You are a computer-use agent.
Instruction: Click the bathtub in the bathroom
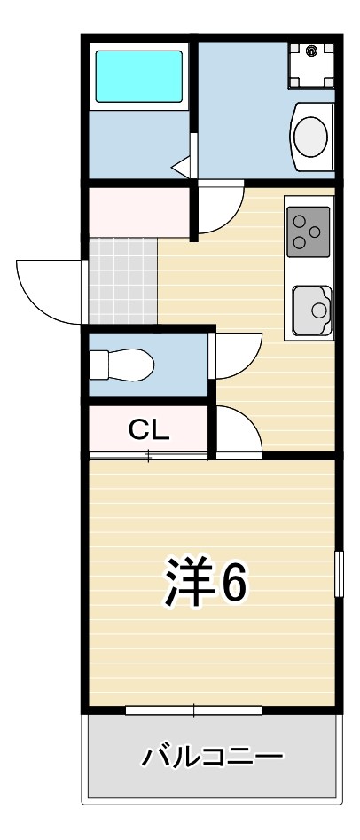click(138, 76)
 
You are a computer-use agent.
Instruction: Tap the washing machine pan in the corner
click(312, 65)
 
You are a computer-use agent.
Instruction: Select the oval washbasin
click(310, 137)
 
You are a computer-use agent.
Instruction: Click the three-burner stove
click(308, 232)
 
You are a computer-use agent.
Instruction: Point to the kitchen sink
click(312, 310)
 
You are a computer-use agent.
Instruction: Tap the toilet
click(121, 365)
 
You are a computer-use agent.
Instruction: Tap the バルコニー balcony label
click(212, 757)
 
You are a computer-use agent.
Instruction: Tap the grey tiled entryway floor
click(123, 281)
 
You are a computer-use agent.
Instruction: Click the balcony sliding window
click(194, 710)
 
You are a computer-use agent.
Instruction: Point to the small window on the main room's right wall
click(339, 573)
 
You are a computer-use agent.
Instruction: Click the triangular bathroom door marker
click(182, 167)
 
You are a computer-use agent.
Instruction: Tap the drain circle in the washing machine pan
click(311, 51)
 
